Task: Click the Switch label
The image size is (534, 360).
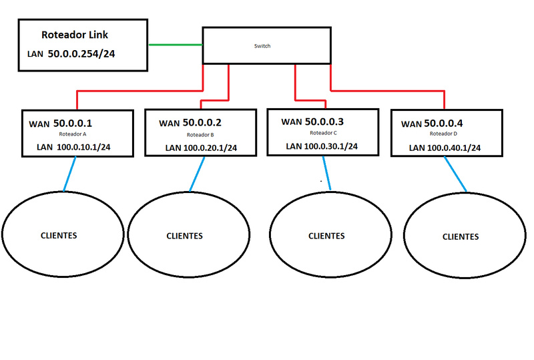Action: (x=263, y=46)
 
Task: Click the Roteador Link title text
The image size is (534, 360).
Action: (x=84, y=35)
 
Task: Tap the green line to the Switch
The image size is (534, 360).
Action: (x=174, y=45)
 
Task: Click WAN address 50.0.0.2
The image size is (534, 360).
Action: (x=202, y=123)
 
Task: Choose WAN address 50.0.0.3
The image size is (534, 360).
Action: (x=325, y=122)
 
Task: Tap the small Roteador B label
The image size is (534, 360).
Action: (x=200, y=134)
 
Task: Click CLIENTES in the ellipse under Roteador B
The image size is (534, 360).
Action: (x=184, y=236)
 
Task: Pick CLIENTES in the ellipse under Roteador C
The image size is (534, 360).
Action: (x=326, y=236)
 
